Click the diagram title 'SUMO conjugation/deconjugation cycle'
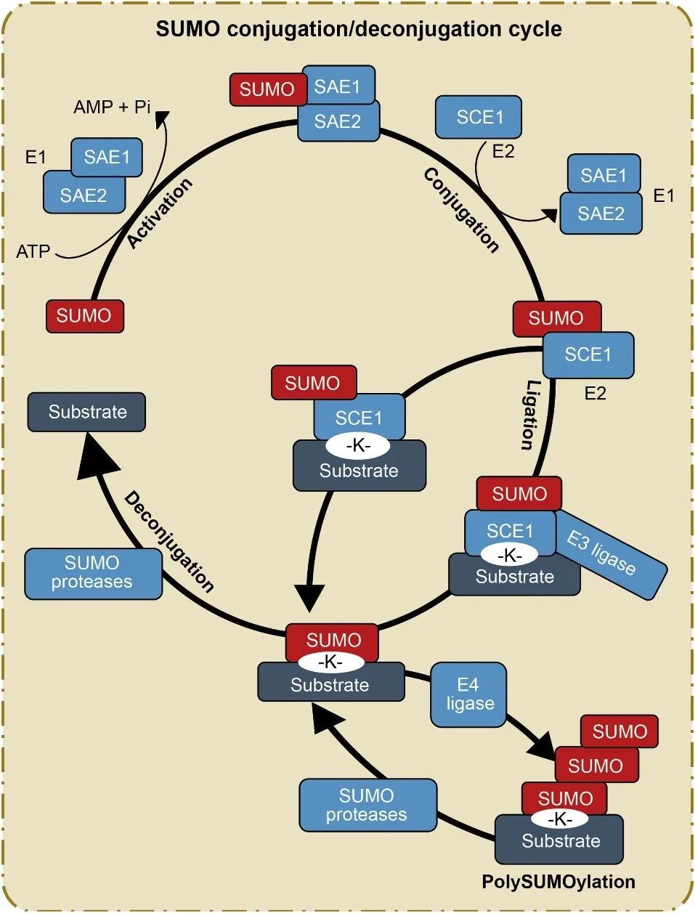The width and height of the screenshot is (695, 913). click(x=359, y=30)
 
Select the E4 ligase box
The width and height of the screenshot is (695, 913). click(x=468, y=694)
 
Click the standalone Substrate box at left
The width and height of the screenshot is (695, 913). click(x=86, y=412)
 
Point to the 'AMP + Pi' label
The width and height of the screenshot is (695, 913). click(x=112, y=107)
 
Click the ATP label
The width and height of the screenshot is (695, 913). click(x=33, y=252)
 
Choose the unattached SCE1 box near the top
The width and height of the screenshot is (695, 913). click(x=479, y=117)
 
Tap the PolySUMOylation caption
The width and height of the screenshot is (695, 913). click(x=558, y=882)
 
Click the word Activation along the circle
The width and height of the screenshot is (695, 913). click(x=160, y=213)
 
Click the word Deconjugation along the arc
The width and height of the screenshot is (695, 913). click(x=169, y=541)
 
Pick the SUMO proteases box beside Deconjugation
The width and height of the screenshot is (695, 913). click(x=93, y=573)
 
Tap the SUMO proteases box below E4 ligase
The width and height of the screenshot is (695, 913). click(x=367, y=805)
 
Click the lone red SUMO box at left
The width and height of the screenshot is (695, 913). click(x=84, y=316)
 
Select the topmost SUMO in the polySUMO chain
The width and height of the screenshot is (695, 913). click(x=619, y=731)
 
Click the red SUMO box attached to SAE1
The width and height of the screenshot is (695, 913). click(x=267, y=89)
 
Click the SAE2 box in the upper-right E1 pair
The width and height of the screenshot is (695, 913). click(x=601, y=214)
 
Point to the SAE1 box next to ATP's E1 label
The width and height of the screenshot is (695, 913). click(x=107, y=157)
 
